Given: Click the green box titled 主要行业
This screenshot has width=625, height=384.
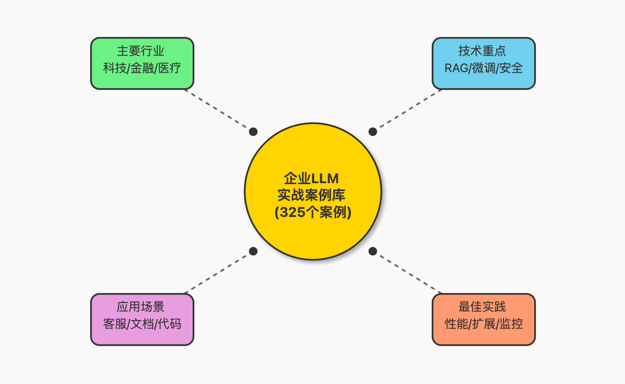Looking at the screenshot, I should click(142, 63).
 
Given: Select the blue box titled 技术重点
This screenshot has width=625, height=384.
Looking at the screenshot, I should click(483, 63).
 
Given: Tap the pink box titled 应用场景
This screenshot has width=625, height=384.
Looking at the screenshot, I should click(142, 319).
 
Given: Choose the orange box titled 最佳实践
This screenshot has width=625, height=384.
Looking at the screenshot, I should click(483, 319).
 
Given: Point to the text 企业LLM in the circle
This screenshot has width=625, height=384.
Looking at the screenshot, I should click(312, 179).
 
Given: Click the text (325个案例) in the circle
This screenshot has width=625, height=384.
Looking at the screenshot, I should click(312, 212).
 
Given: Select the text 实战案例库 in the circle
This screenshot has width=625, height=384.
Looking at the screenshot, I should click(312, 196).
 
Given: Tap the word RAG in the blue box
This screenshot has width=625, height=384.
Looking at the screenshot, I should click(455, 68).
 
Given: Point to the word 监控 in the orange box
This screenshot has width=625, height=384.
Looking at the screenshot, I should click(511, 324).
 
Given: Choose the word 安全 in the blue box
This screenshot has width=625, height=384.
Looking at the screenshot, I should click(511, 68).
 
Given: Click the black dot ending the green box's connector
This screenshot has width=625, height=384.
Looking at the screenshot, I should click(253, 131).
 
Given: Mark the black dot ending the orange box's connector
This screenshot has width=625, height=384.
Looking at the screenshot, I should click(373, 251).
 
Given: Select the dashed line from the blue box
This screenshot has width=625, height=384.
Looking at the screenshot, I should click(407, 110).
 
